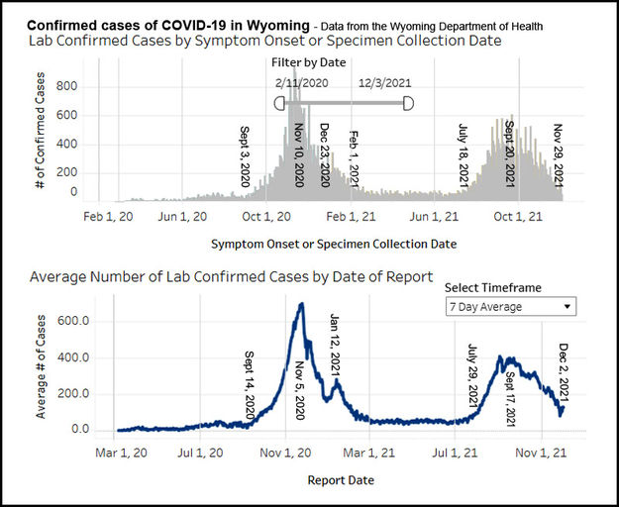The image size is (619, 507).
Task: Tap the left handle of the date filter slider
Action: (x=279, y=102)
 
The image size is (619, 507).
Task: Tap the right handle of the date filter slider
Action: (x=408, y=102)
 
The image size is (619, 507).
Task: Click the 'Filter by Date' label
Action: (x=310, y=62)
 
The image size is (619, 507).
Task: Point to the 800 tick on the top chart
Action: (x=66, y=86)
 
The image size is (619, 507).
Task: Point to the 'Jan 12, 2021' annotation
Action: (x=335, y=347)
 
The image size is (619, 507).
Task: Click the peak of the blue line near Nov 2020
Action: (x=301, y=304)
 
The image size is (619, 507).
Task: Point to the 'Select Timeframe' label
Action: (x=493, y=287)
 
